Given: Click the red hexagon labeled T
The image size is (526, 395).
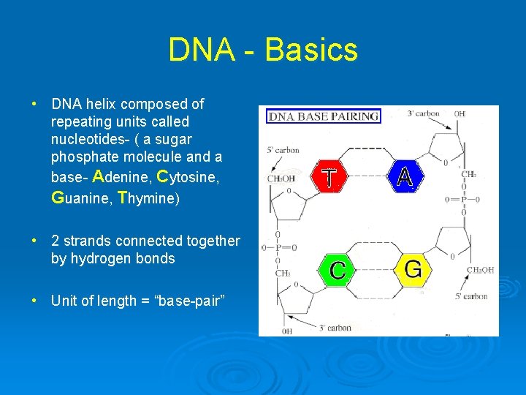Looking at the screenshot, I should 330,177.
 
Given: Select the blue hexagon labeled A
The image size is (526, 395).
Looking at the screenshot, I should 405,176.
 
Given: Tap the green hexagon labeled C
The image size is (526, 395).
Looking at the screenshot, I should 337,269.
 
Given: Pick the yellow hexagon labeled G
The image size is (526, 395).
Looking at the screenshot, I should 413,269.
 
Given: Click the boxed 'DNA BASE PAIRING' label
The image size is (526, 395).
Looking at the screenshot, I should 324,116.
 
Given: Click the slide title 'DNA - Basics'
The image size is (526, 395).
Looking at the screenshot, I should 263,50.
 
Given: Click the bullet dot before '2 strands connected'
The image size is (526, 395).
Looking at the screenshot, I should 34,241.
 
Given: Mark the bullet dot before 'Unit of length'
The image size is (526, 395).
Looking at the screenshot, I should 34,301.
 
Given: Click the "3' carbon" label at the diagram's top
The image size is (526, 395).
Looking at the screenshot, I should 423,113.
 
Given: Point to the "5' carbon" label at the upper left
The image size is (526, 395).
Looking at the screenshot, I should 283,150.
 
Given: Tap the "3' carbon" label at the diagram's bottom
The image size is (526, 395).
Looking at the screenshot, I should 335,328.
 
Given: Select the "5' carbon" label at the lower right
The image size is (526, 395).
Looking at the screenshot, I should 470,296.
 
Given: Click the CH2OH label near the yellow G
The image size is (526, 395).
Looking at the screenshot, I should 480,270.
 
